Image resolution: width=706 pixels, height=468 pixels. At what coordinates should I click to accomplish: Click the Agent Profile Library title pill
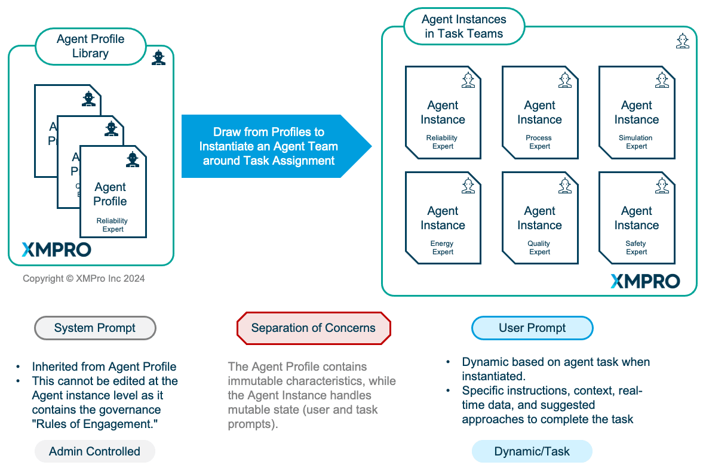point(91,46)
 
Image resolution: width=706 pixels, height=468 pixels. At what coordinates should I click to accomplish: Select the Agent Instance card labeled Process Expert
point(539,112)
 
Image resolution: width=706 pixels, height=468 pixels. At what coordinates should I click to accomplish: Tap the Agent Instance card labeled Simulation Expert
point(636,112)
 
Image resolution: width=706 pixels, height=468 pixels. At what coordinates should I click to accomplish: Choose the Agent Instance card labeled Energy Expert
point(443,218)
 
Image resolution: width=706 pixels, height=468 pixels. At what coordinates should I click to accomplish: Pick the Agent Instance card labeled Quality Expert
point(539,218)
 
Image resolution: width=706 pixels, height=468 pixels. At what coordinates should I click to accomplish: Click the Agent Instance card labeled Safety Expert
point(636,218)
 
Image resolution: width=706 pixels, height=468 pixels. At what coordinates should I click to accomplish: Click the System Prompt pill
point(95,328)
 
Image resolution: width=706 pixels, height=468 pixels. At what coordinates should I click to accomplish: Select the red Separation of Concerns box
point(314,328)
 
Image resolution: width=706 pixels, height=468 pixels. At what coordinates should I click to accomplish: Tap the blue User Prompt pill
point(532,328)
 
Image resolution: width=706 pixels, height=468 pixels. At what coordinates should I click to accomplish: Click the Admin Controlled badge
point(94,451)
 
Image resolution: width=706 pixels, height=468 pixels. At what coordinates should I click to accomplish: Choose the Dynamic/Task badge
point(532,451)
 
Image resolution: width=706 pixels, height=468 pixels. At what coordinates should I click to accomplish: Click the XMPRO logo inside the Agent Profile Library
point(56,250)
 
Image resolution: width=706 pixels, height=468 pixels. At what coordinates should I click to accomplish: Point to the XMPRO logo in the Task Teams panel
point(645,281)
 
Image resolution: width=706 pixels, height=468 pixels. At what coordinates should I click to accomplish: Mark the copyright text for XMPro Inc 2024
point(84,278)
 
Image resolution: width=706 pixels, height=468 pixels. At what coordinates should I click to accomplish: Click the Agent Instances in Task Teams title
point(464,26)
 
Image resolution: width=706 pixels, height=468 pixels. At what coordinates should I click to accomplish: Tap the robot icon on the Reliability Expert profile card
point(132,159)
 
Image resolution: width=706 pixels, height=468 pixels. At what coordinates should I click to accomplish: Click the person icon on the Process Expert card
point(564,80)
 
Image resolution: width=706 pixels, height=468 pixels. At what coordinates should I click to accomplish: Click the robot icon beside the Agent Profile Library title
point(158,57)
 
